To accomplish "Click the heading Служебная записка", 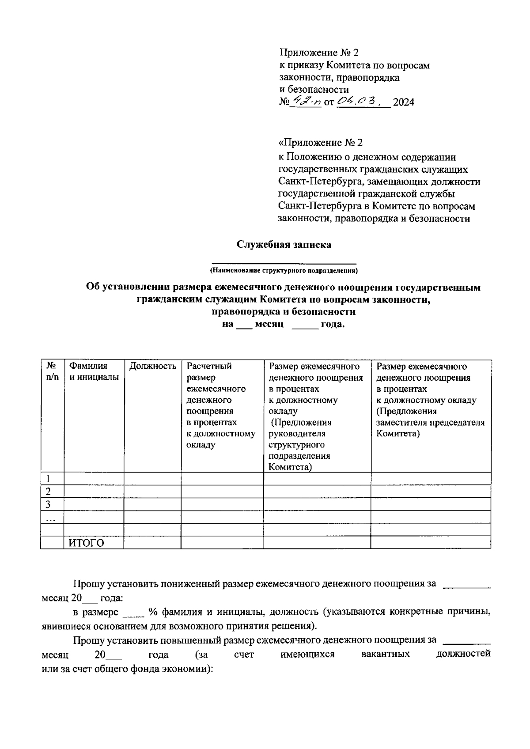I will [284, 245].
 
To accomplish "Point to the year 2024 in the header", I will [404, 103].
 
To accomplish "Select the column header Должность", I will [152, 366].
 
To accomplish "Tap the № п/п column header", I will [52, 371].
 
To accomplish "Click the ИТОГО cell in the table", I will [87, 543].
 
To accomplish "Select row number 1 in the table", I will [48, 479].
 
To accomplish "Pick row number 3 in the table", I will [48, 504].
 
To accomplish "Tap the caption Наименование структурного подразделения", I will [284, 270].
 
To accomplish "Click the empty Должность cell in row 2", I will [152, 492].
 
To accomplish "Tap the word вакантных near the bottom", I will [385, 654].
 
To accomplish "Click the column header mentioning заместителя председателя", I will [430, 400].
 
